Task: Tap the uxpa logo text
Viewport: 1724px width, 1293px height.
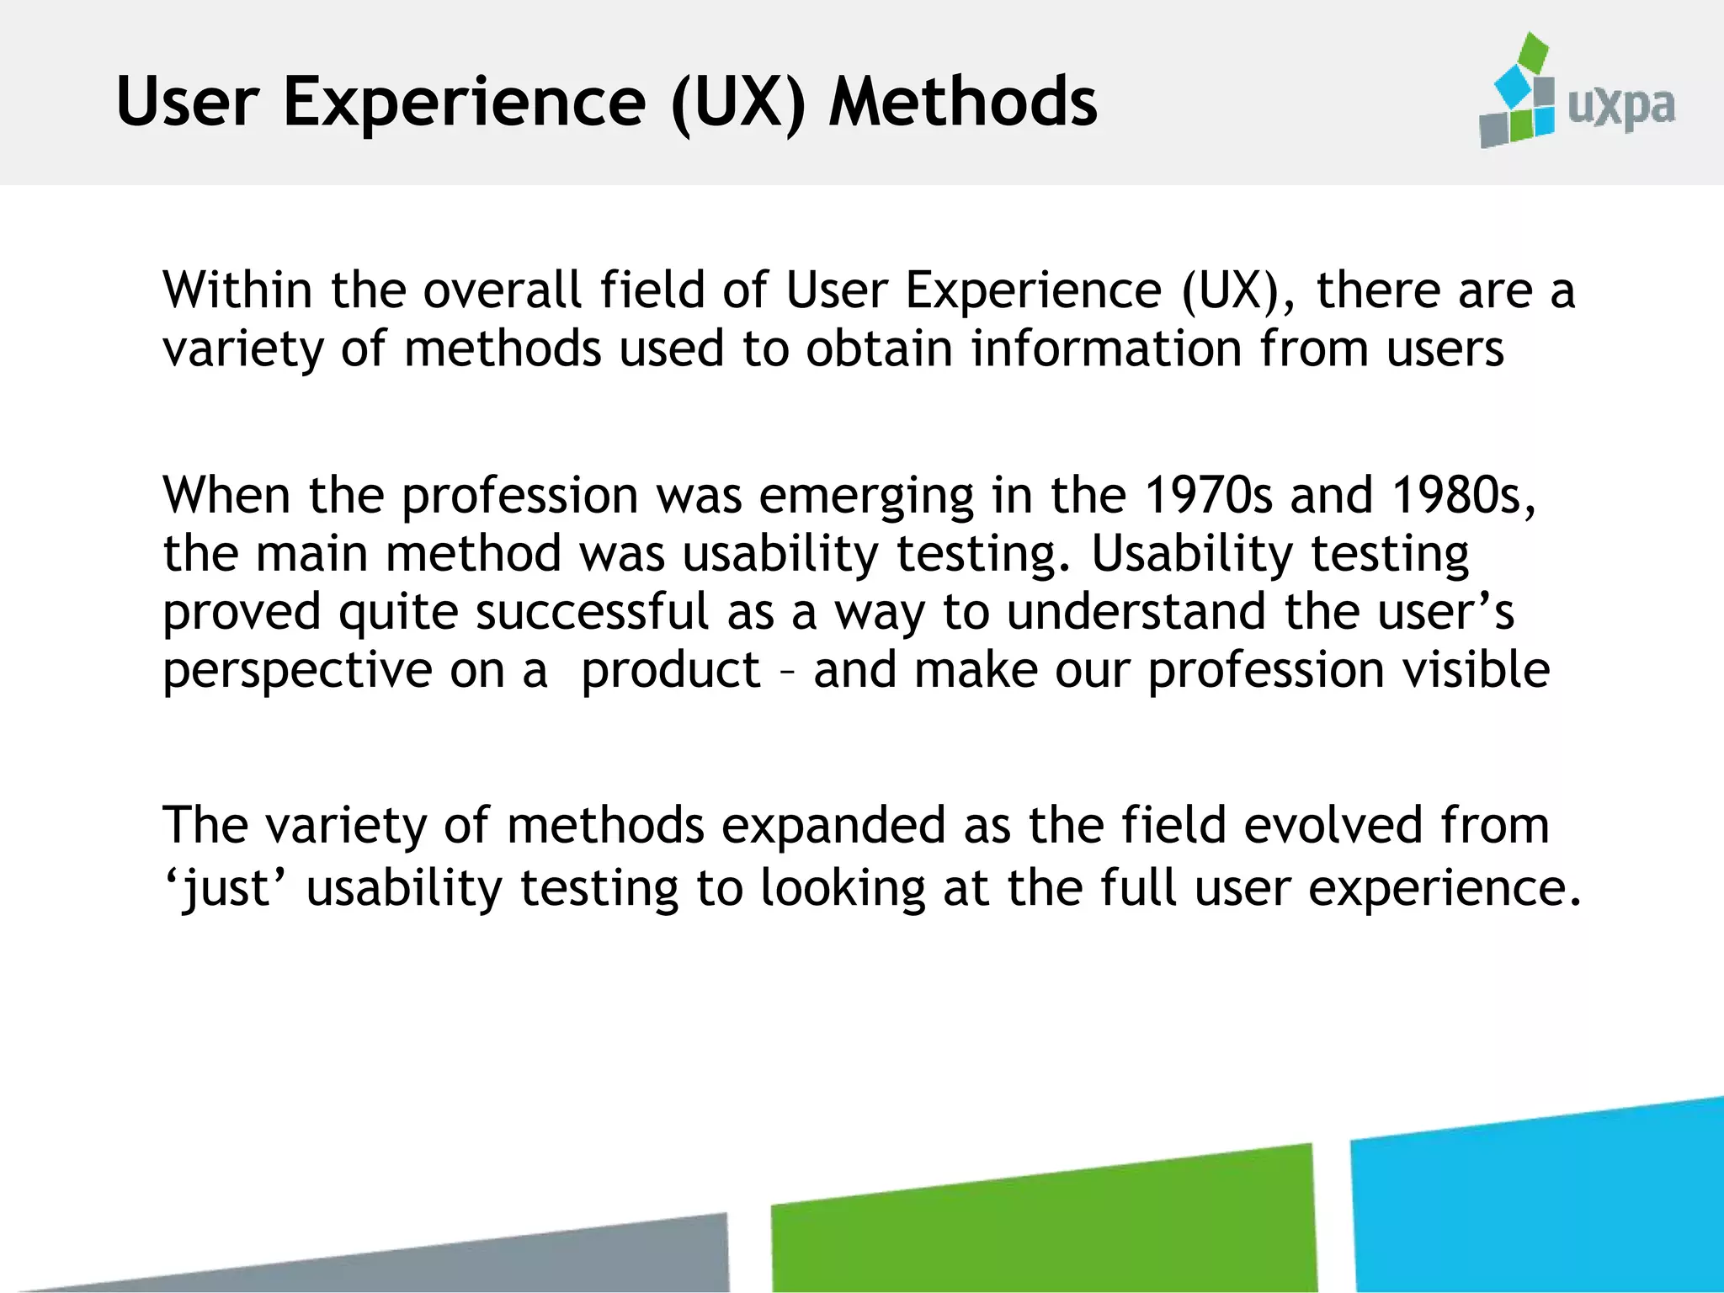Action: (1620, 108)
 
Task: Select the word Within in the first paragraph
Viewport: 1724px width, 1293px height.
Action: (237, 290)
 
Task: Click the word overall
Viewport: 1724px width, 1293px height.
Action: (502, 290)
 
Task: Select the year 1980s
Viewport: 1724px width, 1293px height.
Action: (1463, 495)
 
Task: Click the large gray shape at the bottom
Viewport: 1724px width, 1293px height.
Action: (505, 1258)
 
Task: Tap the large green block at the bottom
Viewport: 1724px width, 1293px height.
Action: (1044, 1221)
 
